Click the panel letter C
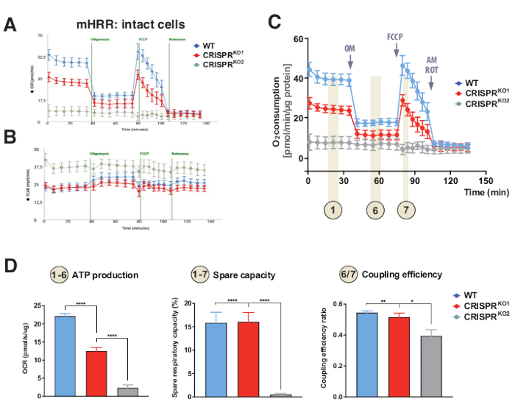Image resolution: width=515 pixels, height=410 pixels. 274,20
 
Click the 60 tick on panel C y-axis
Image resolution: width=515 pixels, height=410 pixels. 298,38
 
